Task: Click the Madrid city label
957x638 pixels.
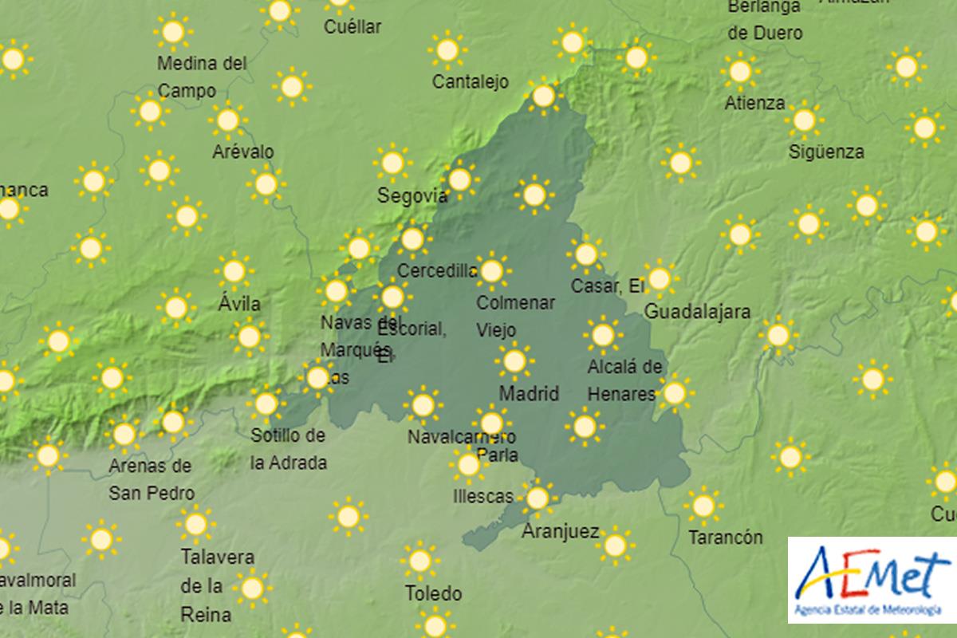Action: [x=528, y=393]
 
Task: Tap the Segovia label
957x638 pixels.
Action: [x=412, y=195]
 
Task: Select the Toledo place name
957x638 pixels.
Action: [x=433, y=593]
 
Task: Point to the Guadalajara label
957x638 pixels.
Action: [x=696, y=311]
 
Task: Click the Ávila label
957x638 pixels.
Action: [x=238, y=304]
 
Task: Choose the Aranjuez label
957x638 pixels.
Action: [x=560, y=531]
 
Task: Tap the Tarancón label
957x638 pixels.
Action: [x=725, y=538]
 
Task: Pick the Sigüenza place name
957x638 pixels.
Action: [x=825, y=152]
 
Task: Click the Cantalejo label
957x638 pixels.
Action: [x=470, y=81]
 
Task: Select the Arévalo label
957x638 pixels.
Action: [x=242, y=152]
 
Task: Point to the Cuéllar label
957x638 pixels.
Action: [x=352, y=26]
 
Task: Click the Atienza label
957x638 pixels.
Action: [x=754, y=104]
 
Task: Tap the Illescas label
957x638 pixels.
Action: [x=482, y=496]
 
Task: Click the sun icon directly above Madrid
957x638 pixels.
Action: [x=514, y=360]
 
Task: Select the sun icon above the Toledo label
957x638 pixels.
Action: [x=419, y=561]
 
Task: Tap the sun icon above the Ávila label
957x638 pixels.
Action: [x=234, y=271]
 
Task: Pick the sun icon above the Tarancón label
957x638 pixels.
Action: [x=703, y=505]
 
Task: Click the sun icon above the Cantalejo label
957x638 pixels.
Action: [x=447, y=49]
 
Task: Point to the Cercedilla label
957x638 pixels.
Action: [x=437, y=271]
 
